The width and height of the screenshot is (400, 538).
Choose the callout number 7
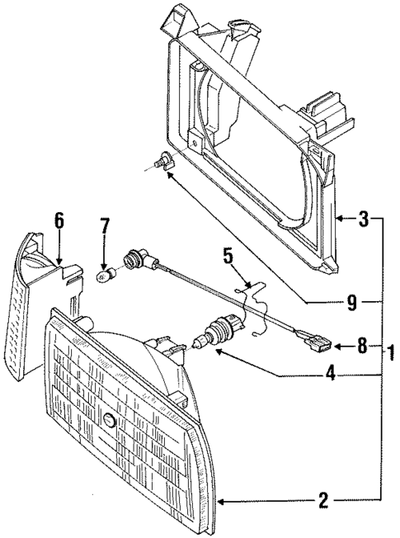point(105,226)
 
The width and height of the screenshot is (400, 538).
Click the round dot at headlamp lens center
point(109,421)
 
